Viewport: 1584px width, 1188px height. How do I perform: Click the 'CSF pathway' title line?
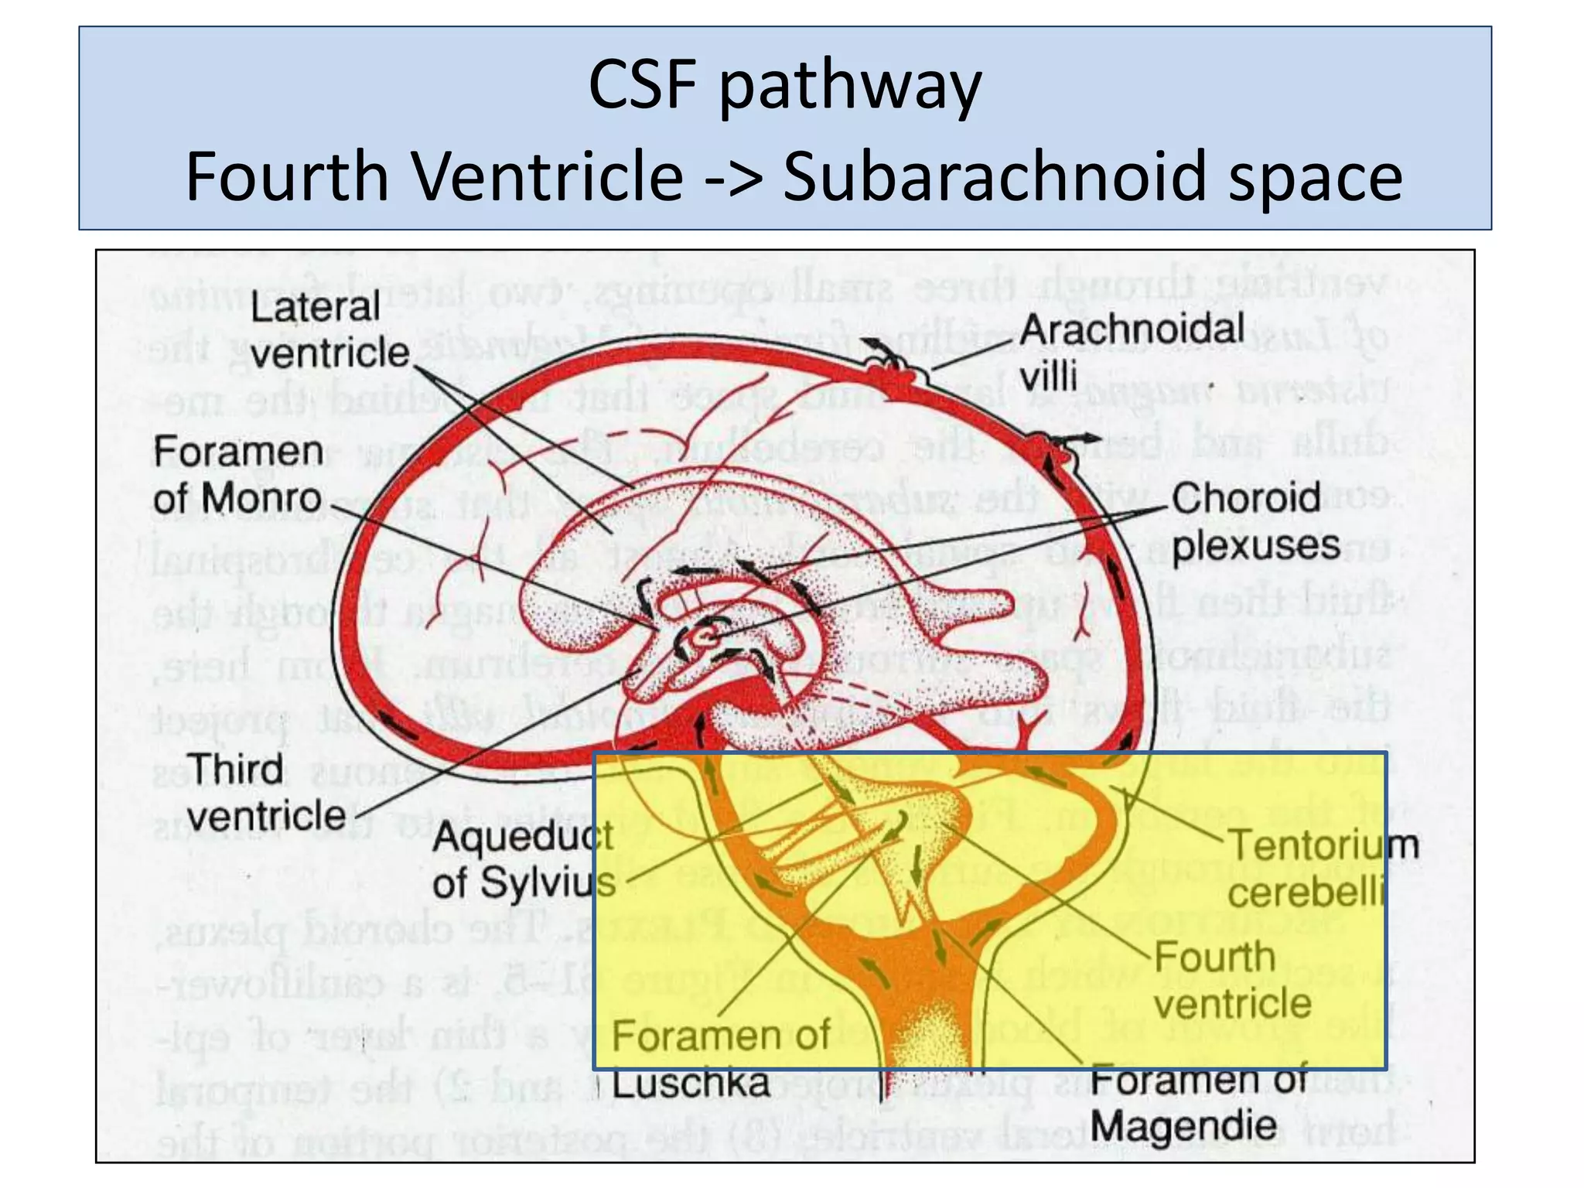pyautogui.click(x=784, y=84)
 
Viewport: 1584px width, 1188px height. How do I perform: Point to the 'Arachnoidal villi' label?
pyautogui.click(x=1131, y=352)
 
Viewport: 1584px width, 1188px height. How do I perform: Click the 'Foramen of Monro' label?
pyautogui.click(x=237, y=474)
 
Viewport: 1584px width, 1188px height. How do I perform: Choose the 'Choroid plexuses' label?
pyautogui.click(x=1255, y=521)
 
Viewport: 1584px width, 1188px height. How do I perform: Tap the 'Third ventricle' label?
pyautogui.click(x=265, y=792)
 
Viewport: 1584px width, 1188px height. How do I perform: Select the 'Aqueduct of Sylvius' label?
pyautogui.click(x=524, y=859)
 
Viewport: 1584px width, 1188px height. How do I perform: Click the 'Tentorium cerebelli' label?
pyautogui.click(x=1323, y=868)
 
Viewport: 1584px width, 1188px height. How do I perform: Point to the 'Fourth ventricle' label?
pyautogui.click(x=1232, y=980)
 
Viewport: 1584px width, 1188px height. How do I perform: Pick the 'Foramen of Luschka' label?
pyautogui.click(x=719, y=1059)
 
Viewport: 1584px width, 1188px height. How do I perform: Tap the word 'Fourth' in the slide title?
pyautogui.click(x=286, y=176)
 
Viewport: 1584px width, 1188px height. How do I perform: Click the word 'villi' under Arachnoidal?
pyautogui.click(x=1048, y=377)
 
